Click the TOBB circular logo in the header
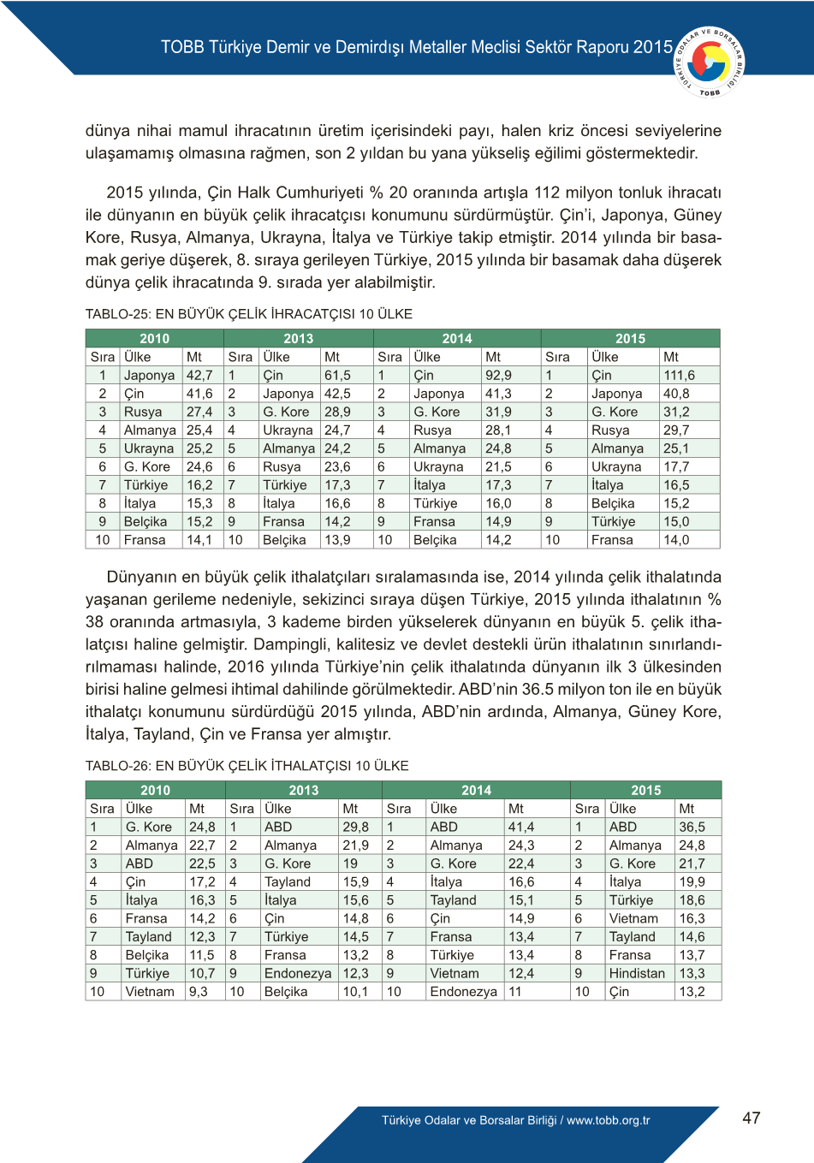tap(710, 62)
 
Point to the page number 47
tap(751, 1118)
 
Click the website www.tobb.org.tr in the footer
tap(609, 1120)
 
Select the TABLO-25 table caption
tap(248, 314)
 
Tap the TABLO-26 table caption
tap(247, 766)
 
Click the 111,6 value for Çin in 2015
tap(679, 375)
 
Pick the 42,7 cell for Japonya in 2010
tap(199, 375)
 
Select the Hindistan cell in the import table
tap(637, 973)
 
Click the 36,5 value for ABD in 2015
tap(692, 827)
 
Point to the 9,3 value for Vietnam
tap(199, 991)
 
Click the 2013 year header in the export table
tap(298, 338)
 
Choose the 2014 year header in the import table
tap(476, 790)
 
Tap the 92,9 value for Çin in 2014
tap(498, 375)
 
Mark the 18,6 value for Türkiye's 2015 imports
tap(692, 900)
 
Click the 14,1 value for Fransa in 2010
tap(199, 540)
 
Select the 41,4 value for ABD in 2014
tap(520, 827)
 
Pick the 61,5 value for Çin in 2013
tap(337, 375)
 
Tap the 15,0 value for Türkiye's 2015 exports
tap(676, 521)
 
